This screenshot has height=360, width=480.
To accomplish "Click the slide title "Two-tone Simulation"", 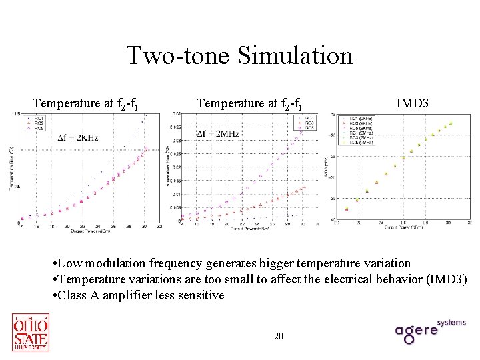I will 239,55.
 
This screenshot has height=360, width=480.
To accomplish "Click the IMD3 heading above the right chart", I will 412,103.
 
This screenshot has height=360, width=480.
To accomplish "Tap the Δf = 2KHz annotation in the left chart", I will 80,138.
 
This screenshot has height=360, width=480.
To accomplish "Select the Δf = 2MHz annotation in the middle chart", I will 217,134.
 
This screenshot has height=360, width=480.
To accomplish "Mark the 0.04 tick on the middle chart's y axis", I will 176,113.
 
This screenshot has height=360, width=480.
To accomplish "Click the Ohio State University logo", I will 31,332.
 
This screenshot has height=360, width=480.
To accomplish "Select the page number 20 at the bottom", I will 279,336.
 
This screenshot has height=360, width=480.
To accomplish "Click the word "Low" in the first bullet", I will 72,263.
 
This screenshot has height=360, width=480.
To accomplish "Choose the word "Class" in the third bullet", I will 72,295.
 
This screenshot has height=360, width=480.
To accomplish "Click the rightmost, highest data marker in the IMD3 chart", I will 451,123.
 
